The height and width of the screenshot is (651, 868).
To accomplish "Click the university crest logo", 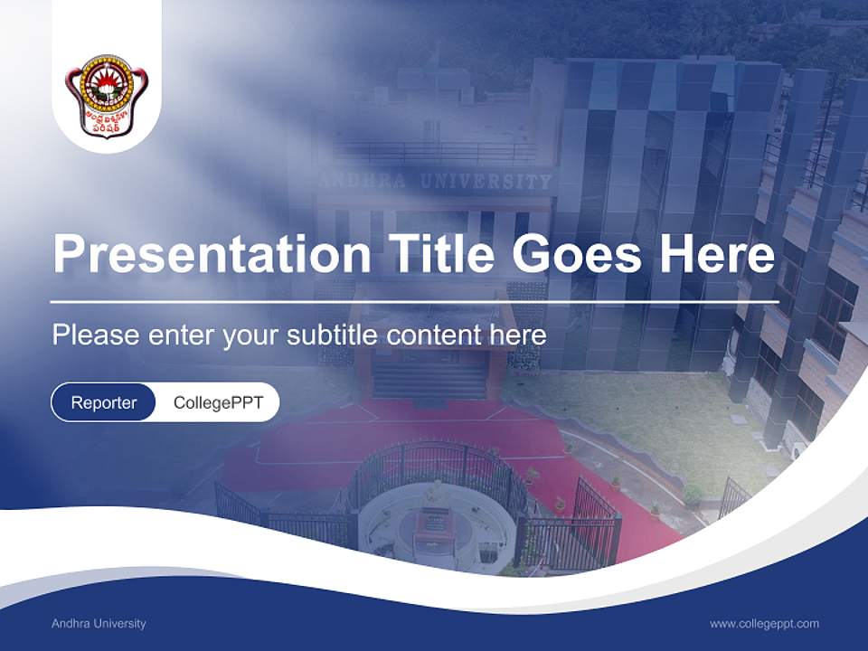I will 107,96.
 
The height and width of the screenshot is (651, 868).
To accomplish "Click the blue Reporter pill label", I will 104,402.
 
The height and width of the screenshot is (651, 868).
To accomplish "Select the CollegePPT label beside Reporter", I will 218,402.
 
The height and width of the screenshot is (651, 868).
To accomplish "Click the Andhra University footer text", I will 99,624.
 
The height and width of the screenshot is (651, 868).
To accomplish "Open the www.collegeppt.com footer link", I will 764,624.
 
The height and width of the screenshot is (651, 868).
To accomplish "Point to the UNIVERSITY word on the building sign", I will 492,182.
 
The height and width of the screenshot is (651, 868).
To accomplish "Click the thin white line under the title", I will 414,301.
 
